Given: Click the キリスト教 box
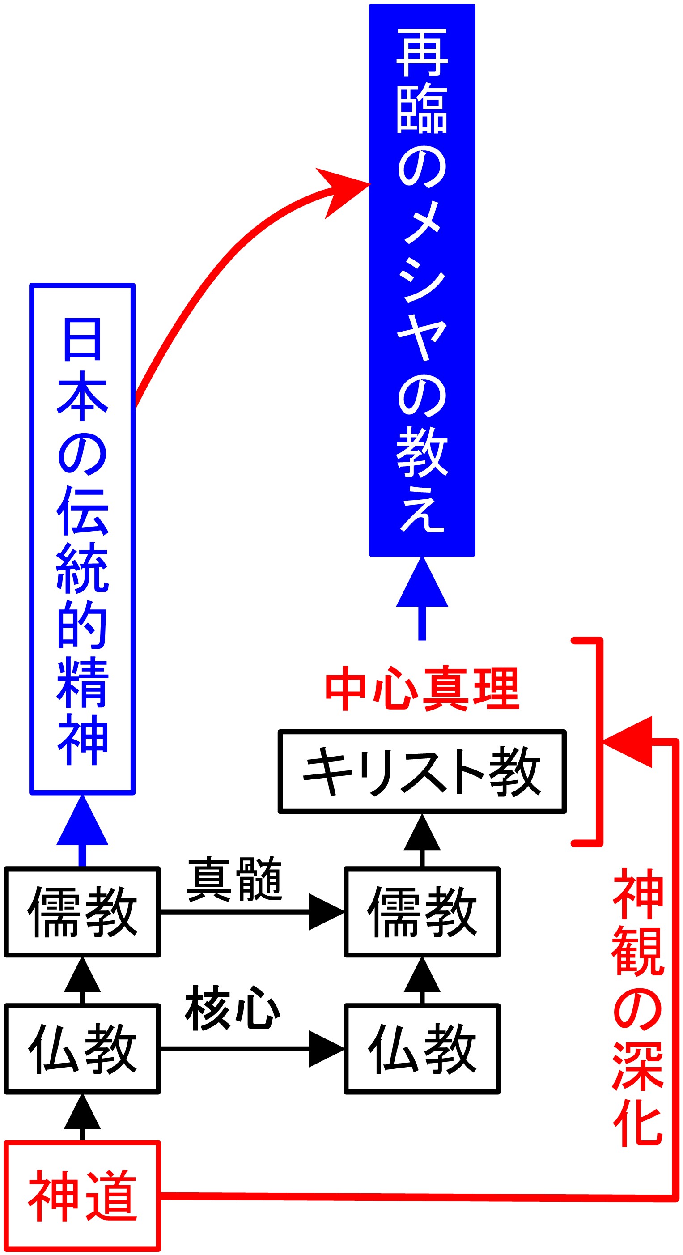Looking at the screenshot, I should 422,778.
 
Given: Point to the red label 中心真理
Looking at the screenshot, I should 422,689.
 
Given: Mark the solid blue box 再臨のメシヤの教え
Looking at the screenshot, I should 422,280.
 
